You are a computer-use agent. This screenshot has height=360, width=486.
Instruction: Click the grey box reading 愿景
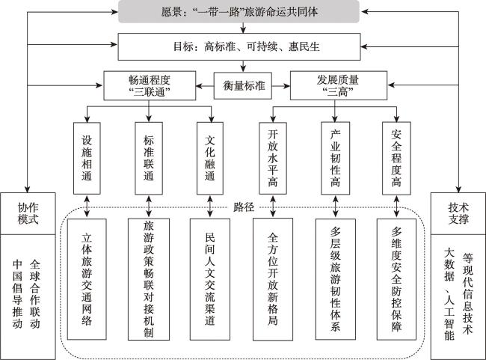tap(239, 11)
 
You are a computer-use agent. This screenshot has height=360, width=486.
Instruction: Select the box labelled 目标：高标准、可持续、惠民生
tap(239, 46)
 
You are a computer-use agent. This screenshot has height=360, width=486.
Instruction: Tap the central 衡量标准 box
tap(243, 85)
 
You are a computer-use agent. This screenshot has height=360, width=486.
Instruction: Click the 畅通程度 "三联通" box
tap(150, 85)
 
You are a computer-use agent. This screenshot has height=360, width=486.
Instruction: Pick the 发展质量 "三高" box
tap(339, 85)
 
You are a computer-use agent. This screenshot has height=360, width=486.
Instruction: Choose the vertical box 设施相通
tap(87, 158)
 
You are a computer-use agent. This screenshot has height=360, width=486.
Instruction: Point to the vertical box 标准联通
tap(149, 158)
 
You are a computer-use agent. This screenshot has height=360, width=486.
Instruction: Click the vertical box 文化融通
tap(210, 158)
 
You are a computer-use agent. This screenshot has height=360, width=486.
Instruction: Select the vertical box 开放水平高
tap(273, 158)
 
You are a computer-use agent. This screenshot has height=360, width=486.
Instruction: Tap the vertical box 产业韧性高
tap(336, 158)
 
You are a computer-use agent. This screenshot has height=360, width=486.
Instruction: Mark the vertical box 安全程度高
tap(396, 158)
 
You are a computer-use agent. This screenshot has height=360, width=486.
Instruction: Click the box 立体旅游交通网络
tap(87, 279)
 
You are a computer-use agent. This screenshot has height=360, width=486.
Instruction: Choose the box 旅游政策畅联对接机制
tap(149, 279)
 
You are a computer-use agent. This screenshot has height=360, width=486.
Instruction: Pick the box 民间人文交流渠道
tap(210, 279)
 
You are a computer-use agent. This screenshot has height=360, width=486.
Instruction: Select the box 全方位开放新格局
tap(273, 279)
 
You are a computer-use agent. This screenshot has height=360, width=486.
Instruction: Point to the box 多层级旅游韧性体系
tap(336, 279)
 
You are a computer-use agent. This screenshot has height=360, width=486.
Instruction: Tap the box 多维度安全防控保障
tap(396, 279)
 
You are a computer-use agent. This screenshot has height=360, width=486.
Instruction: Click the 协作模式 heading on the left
tap(28, 213)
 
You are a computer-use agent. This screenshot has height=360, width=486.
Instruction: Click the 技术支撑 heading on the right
tap(458, 213)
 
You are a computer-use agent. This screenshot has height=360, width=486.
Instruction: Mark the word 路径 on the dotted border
tap(244, 207)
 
